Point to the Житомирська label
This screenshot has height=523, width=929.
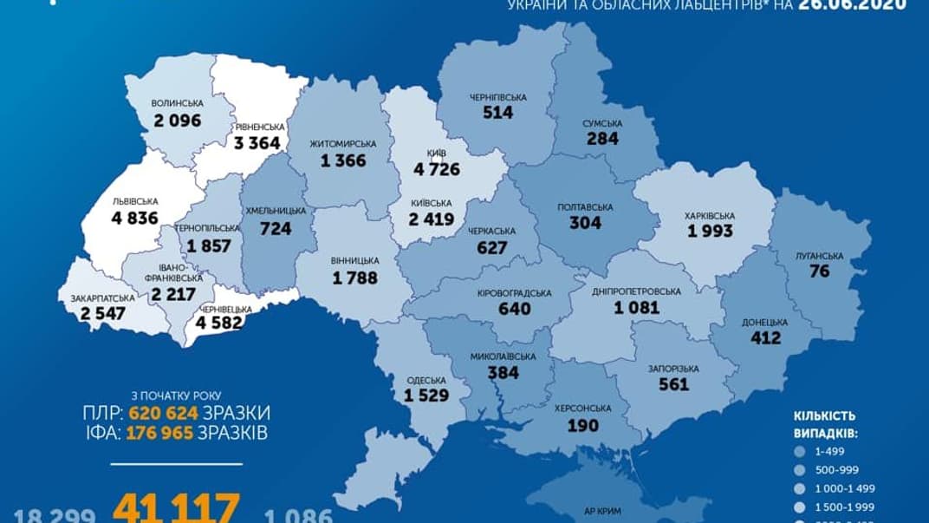(341, 143)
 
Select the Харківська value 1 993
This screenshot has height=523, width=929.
(710, 231)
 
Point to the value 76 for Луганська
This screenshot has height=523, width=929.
(818, 271)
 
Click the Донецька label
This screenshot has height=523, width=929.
(765, 321)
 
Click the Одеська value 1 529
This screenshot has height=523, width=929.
(425, 396)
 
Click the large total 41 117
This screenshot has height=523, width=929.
(178, 507)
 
